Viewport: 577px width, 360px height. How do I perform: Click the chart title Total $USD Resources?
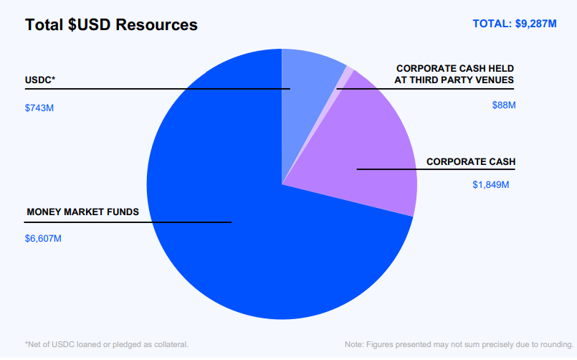pos(111,25)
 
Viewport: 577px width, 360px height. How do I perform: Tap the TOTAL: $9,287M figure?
pos(514,24)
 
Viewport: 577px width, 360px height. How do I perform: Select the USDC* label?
pos(40,80)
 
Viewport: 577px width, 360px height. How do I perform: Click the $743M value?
pos(39,108)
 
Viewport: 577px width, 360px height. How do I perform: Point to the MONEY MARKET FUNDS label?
pos(82,212)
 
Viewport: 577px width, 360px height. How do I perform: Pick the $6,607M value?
pos(43,238)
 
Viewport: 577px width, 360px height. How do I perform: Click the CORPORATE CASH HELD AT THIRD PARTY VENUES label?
pos(454,74)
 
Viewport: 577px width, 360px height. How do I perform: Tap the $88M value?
pos(503,105)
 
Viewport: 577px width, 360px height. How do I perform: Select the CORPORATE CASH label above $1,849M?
pos(471,161)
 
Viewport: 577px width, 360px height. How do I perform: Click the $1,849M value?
pos(490,185)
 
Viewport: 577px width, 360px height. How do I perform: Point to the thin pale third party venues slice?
pos(347,74)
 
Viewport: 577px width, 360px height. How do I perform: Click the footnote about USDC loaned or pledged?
pos(107,345)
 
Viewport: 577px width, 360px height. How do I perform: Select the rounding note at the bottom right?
pos(459,345)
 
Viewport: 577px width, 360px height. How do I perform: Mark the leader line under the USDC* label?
pos(143,89)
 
